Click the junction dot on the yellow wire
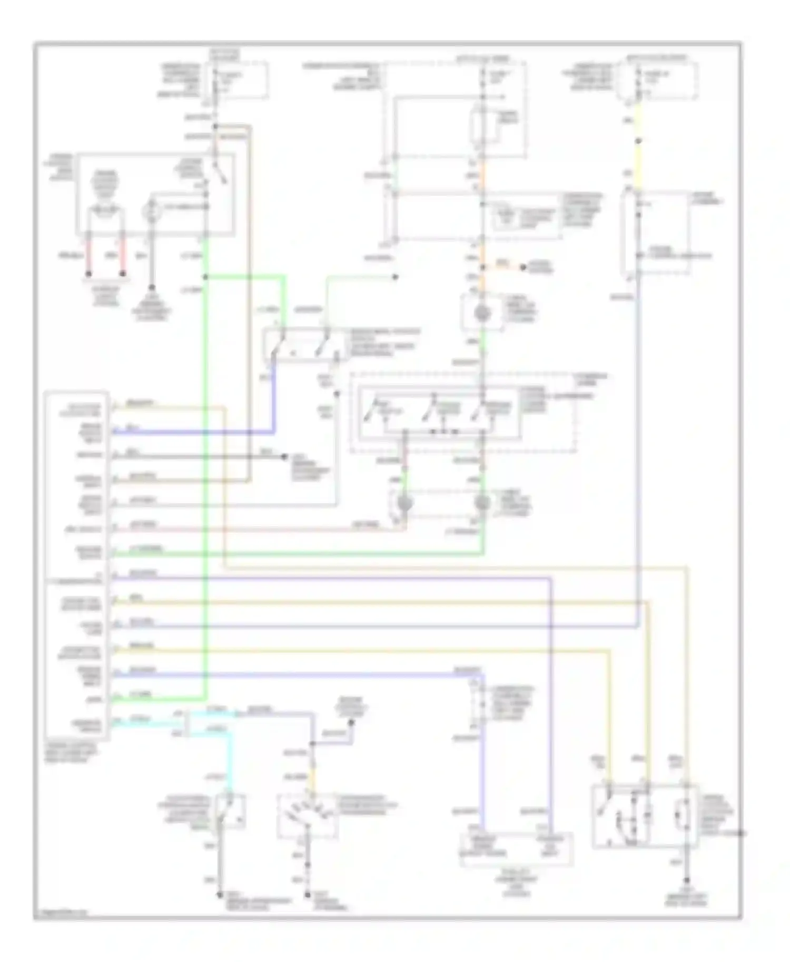[638, 141]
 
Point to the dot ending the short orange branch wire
[523, 267]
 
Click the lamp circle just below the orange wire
[482, 314]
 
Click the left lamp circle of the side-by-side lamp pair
[404, 503]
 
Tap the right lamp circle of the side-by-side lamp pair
[482, 503]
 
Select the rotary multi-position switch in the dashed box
[308, 816]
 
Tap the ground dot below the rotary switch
[308, 894]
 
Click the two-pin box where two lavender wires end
[516, 849]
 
